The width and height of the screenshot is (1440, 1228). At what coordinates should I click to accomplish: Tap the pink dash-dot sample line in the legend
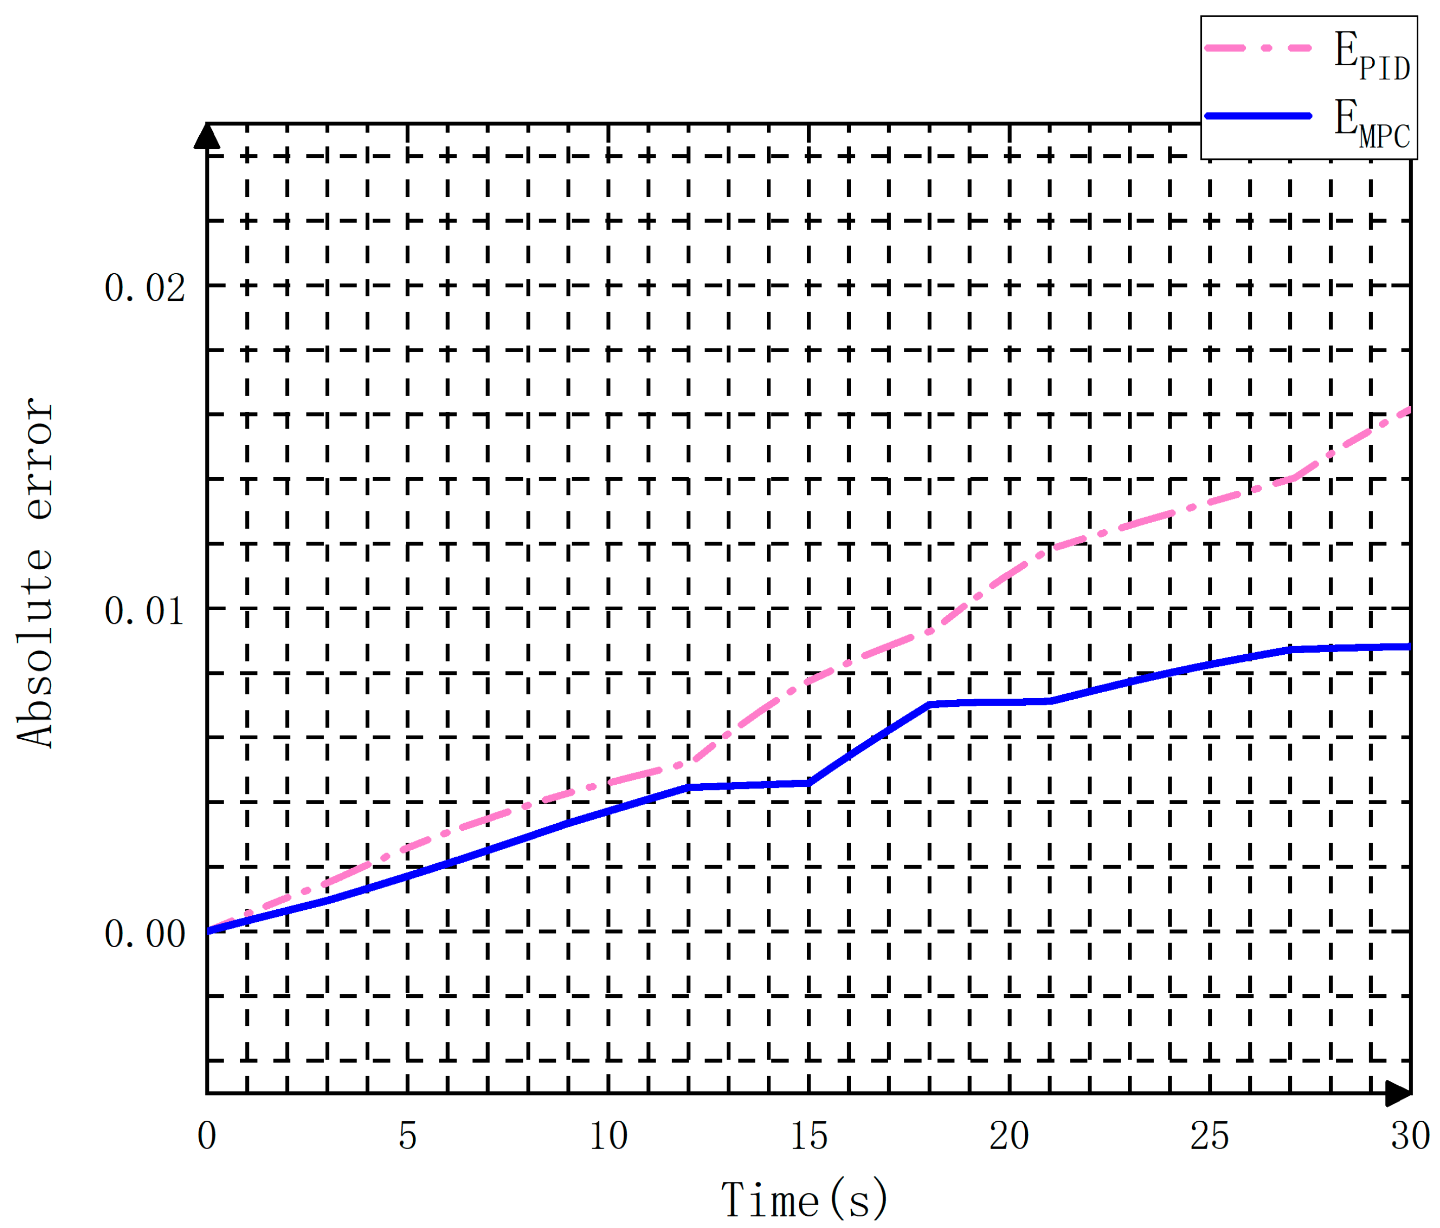(x=1257, y=48)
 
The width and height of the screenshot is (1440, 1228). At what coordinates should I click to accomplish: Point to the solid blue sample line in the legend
(x=1257, y=115)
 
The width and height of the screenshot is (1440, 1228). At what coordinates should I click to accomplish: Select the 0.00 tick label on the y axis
(x=145, y=933)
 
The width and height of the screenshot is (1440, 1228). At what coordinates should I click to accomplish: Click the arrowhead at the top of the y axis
(x=206, y=136)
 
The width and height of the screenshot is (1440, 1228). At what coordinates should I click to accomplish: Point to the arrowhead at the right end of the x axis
(x=1399, y=1094)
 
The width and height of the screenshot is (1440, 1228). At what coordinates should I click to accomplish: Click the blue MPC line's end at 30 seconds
(x=1409, y=647)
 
